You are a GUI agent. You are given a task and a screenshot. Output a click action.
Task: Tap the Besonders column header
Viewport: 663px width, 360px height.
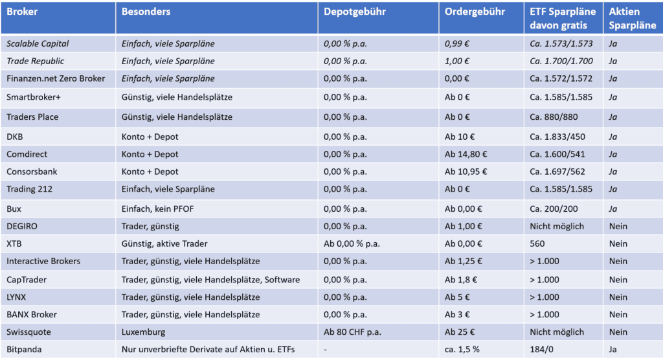pos(146,12)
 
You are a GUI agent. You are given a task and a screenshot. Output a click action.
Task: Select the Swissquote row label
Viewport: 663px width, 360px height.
pos(29,332)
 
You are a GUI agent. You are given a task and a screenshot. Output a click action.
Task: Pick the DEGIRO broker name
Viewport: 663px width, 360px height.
pos(24,227)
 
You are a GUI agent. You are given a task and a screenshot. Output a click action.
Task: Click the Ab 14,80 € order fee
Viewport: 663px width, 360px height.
pos(466,155)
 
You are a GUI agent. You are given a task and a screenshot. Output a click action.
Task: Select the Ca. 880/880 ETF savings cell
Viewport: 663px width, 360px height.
pos(554,118)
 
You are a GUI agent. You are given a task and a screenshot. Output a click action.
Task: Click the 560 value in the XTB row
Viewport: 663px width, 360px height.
pos(537,244)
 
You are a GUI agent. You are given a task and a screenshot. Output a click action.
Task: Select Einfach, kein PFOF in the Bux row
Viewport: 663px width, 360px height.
pos(158,209)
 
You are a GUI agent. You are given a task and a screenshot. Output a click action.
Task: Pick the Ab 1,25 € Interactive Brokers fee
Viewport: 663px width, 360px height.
pos(464,262)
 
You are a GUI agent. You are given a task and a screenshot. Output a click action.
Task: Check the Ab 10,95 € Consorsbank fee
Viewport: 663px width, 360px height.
pos(466,172)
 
